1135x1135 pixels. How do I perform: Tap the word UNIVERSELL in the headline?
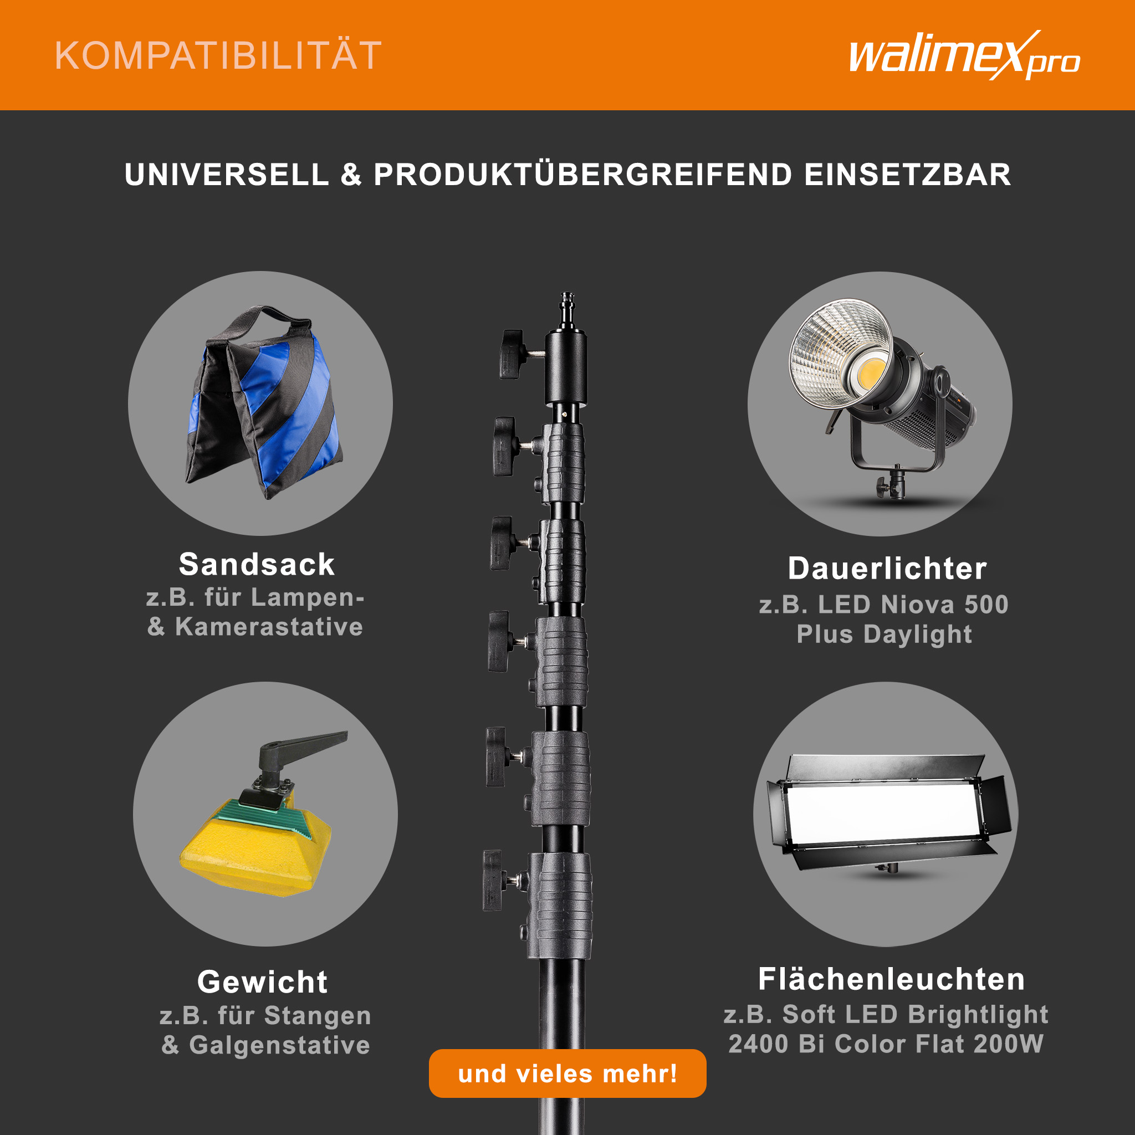click(227, 175)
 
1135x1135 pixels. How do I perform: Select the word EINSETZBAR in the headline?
click(908, 175)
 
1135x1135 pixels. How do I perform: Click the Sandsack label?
click(257, 565)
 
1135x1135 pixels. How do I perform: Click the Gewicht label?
click(263, 981)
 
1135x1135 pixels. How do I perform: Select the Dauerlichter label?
click(887, 568)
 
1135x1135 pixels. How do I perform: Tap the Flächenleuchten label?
click(892, 979)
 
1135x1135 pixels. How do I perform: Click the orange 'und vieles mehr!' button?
click(567, 1073)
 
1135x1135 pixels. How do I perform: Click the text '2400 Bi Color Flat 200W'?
click(886, 1044)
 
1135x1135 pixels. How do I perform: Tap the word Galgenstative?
click(280, 1045)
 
